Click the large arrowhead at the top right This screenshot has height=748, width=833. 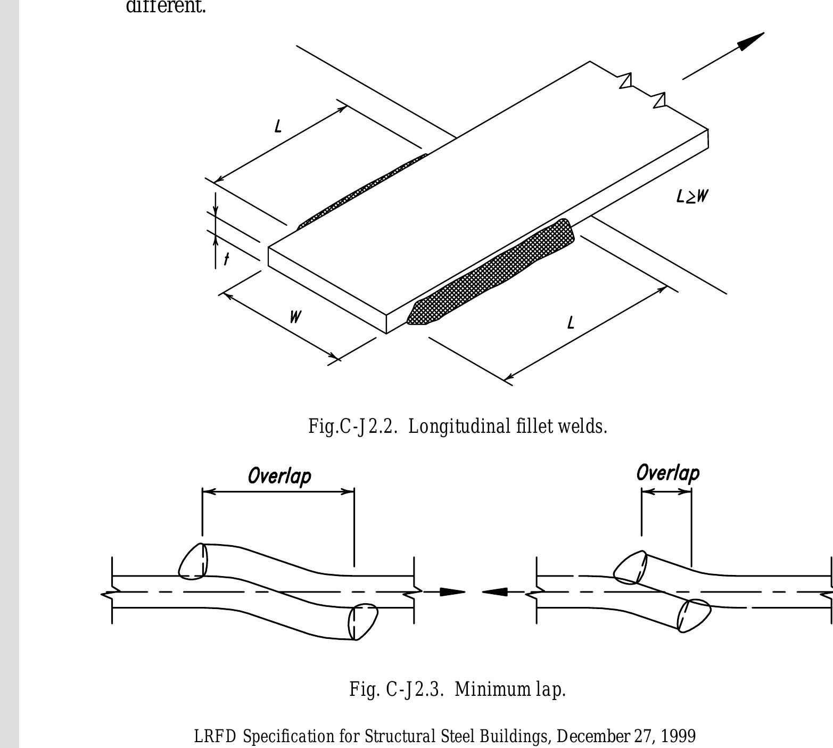pos(750,40)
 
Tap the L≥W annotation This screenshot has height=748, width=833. pos(692,196)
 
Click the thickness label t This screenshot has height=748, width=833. pos(227,259)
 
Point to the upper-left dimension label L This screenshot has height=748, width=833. pos(278,127)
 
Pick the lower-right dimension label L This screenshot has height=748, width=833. pos(571,323)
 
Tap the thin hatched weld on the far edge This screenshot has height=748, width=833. pos(362,191)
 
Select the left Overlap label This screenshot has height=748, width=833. pos(279,475)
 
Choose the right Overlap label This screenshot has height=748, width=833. pos(667,473)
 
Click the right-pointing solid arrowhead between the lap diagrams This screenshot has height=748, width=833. pos(452,591)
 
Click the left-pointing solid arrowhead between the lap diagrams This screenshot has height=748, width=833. pos(495,591)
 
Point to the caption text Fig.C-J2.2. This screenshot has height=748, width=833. pos(352,426)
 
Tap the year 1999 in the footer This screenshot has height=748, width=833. pos(678,736)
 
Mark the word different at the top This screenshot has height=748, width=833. pos(166,7)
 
